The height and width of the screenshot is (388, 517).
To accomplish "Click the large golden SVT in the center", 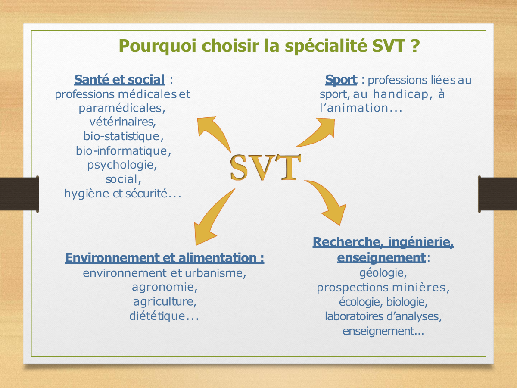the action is [x=265, y=168].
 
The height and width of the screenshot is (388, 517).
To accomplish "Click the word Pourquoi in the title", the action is [x=158, y=46].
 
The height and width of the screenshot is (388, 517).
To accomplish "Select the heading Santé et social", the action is [x=119, y=80].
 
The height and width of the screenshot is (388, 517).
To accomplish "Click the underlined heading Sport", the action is [x=341, y=80].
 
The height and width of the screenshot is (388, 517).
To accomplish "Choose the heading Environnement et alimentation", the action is [x=165, y=258].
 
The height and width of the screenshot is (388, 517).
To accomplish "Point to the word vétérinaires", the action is [x=122, y=122].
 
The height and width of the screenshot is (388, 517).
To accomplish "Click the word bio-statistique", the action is [x=123, y=136].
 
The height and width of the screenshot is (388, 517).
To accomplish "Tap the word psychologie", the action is [x=122, y=165].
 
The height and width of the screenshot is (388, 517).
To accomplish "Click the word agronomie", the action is [x=165, y=288].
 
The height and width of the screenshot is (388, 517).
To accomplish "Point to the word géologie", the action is [x=383, y=273].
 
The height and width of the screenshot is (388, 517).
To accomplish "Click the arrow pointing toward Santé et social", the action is [x=213, y=131].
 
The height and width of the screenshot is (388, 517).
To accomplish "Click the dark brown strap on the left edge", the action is [x=19, y=194].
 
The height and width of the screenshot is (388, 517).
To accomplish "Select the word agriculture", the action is [x=165, y=302].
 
